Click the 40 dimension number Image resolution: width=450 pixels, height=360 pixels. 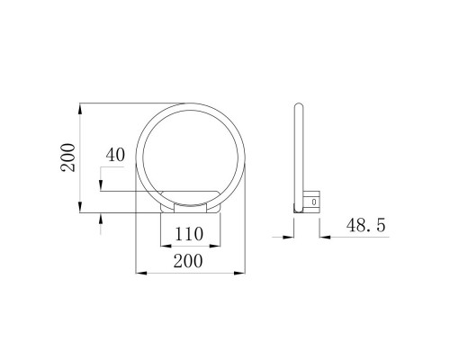(x=114, y=154)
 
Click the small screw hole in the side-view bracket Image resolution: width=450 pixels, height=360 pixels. (x=313, y=203)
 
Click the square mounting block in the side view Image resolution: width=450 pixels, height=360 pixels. (x=311, y=202)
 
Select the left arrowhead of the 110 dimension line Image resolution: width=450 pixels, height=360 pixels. (x=163, y=246)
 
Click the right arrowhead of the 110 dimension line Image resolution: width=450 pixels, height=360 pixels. (x=213, y=246)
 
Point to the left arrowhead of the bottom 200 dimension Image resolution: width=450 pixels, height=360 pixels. (x=138, y=271)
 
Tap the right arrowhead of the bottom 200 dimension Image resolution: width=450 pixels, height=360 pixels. (x=240, y=271)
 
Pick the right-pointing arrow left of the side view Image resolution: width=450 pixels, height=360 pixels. (x=290, y=236)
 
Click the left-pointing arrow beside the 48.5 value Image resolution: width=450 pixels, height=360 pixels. (x=324, y=236)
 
